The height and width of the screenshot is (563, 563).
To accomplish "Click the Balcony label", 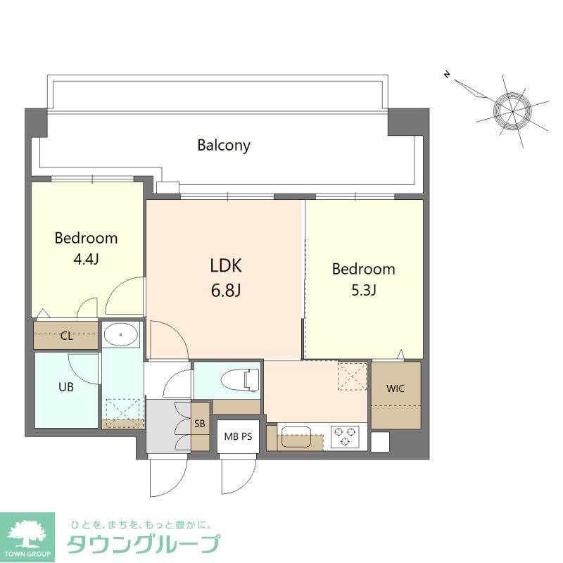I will click(224, 146).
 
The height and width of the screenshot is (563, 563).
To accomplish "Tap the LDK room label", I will click(226, 265).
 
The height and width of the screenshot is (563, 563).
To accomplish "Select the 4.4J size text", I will click(86, 259).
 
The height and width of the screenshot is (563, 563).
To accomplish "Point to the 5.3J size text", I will click(363, 290).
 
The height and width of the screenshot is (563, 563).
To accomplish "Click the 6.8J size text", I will click(226, 290).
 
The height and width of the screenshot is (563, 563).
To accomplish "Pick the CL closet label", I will click(66, 336).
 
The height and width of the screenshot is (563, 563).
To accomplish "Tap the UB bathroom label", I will click(65, 386).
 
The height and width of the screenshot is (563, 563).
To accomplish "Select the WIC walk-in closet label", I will click(396, 388).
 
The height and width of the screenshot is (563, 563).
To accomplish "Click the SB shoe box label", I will click(200, 423).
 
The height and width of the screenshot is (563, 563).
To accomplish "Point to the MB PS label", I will click(238, 436).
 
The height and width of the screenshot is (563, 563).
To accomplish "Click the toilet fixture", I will click(239, 381).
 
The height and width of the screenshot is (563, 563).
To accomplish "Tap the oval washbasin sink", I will click(122, 335).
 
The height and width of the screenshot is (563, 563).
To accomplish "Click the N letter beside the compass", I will click(446, 73).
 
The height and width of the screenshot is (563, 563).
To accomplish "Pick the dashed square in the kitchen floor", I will click(353, 376).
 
